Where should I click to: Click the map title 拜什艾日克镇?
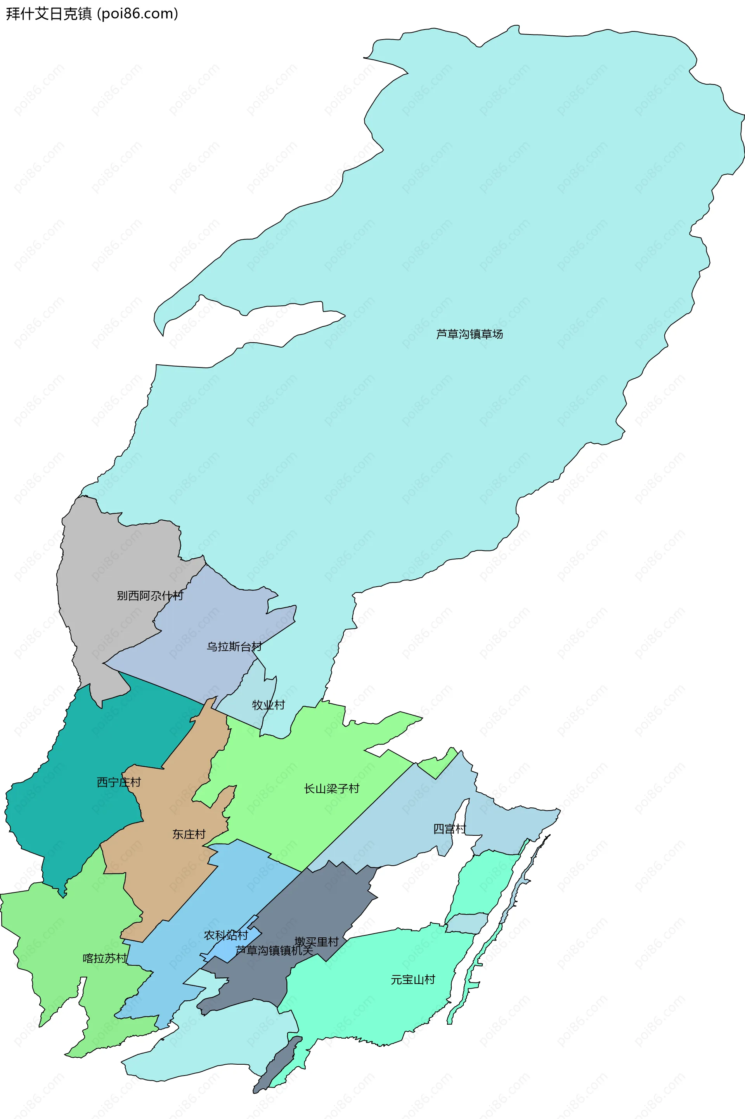tap(49, 13)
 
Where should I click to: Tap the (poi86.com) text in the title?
tap(137, 13)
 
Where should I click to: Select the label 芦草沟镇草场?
tap(470, 334)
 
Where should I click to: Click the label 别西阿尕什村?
tap(150, 596)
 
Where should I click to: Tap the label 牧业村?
tap(269, 705)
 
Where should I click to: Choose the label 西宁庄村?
tap(119, 782)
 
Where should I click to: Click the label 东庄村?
tap(189, 834)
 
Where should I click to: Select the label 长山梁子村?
tap(332, 789)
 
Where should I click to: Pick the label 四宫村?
tap(449, 829)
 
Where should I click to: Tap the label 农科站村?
tap(226, 935)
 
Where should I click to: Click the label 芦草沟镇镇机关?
tap(274, 950)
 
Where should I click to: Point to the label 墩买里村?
tap(317, 941)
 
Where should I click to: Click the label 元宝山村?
tap(413, 979)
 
